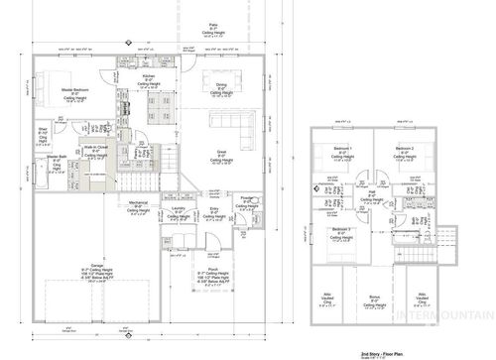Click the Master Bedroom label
[x=77, y=89]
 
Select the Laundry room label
[x=177, y=208]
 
